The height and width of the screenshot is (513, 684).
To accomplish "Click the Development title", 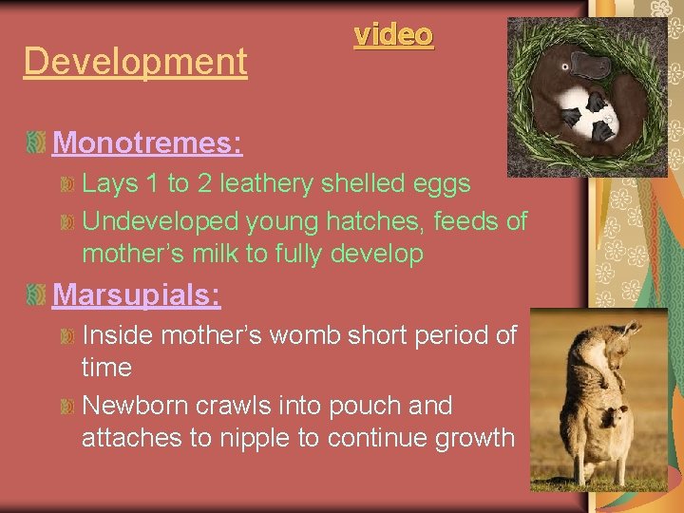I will [x=135, y=62].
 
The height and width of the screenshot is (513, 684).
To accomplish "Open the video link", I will [x=393, y=35].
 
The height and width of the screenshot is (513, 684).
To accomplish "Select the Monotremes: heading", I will [x=147, y=142].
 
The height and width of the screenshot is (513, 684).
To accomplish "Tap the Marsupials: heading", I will [x=137, y=294].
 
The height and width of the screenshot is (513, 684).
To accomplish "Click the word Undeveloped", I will [x=161, y=221].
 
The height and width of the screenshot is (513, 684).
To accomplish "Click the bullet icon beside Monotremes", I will [x=36, y=143].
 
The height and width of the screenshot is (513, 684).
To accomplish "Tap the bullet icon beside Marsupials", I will [x=36, y=295].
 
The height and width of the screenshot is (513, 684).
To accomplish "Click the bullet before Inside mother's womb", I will [x=66, y=336].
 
